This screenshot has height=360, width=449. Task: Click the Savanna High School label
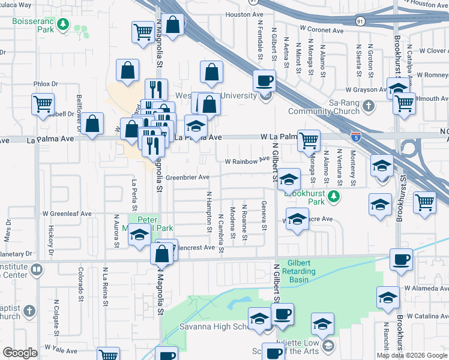pos(213,326)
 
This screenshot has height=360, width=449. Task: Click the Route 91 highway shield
pos(360,21)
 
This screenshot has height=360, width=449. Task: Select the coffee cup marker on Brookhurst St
pos(401,259)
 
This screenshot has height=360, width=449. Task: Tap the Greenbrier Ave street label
pos(187,177)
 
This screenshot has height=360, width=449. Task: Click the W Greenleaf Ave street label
pos(67,213)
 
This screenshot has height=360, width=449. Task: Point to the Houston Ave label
pos(244,14)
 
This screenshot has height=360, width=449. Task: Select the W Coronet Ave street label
pos(322,29)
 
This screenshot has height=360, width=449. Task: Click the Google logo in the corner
pos(20,353)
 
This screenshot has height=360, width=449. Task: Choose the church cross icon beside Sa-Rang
pos(369,106)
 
